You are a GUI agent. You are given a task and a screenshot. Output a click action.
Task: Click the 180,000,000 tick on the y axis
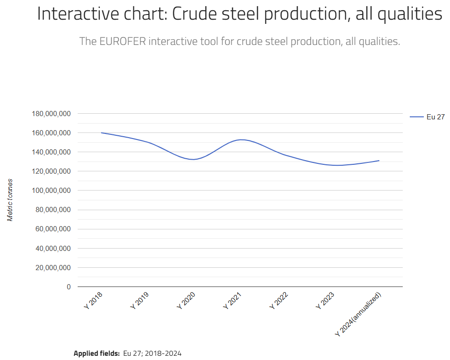[x=51, y=114]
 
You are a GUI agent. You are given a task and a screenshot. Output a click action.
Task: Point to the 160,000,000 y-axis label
[x=51, y=133]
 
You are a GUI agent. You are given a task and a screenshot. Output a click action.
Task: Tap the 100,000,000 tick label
[x=51, y=191]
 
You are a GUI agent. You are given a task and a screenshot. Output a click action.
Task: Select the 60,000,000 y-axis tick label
[x=52, y=229]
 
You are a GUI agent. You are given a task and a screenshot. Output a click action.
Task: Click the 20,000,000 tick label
[x=52, y=268]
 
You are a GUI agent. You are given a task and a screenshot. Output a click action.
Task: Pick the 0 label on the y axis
[x=68, y=287]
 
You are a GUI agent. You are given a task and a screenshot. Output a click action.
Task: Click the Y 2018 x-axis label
[x=94, y=300]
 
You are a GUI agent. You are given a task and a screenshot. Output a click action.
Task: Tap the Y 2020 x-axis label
[x=186, y=300]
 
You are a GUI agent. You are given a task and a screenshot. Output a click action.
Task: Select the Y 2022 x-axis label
[x=279, y=300]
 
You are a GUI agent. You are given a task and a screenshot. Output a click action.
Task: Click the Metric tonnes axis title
[x=10, y=200]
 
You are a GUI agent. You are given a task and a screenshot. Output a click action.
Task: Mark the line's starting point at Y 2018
[x=102, y=133]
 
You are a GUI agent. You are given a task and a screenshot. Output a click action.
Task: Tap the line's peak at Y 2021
[x=240, y=140]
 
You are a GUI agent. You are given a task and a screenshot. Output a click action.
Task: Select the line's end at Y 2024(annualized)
[x=379, y=161]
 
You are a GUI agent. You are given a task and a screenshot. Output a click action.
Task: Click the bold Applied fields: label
[x=96, y=353]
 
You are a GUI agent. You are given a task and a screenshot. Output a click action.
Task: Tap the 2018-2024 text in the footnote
[x=163, y=353]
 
